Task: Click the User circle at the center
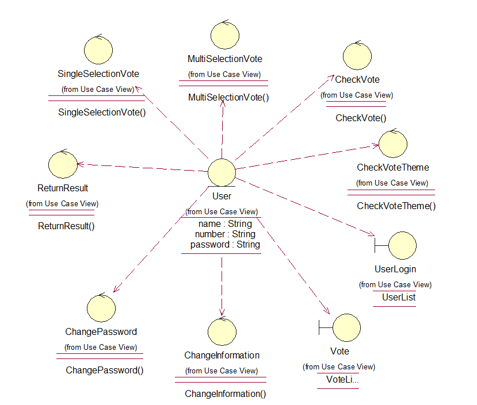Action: click(x=222, y=172)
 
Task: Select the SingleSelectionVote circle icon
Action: click(x=98, y=50)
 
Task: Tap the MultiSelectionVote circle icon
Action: click(x=225, y=35)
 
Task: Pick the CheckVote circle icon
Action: click(x=357, y=56)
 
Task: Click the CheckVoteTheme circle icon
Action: click(x=393, y=144)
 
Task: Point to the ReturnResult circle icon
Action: click(x=63, y=165)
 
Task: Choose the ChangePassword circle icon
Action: click(x=101, y=308)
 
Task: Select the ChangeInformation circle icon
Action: click(x=222, y=332)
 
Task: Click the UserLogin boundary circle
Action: click(x=402, y=245)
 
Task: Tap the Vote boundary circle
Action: click(x=346, y=327)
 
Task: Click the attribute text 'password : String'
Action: click(x=225, y=245)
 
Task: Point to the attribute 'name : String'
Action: click(x=225, y=223)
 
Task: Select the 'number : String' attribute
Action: click(x=225, y=234)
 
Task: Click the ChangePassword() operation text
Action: click(x=105, y=370)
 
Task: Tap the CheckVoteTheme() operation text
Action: click(x=396, y=206)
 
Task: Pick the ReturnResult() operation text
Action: click(x=66, y=226)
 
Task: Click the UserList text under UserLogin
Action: click(x=399, y=297)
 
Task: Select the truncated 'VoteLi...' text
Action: click(x=342, y=379)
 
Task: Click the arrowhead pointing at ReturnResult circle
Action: click(x=80, y=164)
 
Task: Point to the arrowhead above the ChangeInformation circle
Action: click(x=222, y=313)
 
